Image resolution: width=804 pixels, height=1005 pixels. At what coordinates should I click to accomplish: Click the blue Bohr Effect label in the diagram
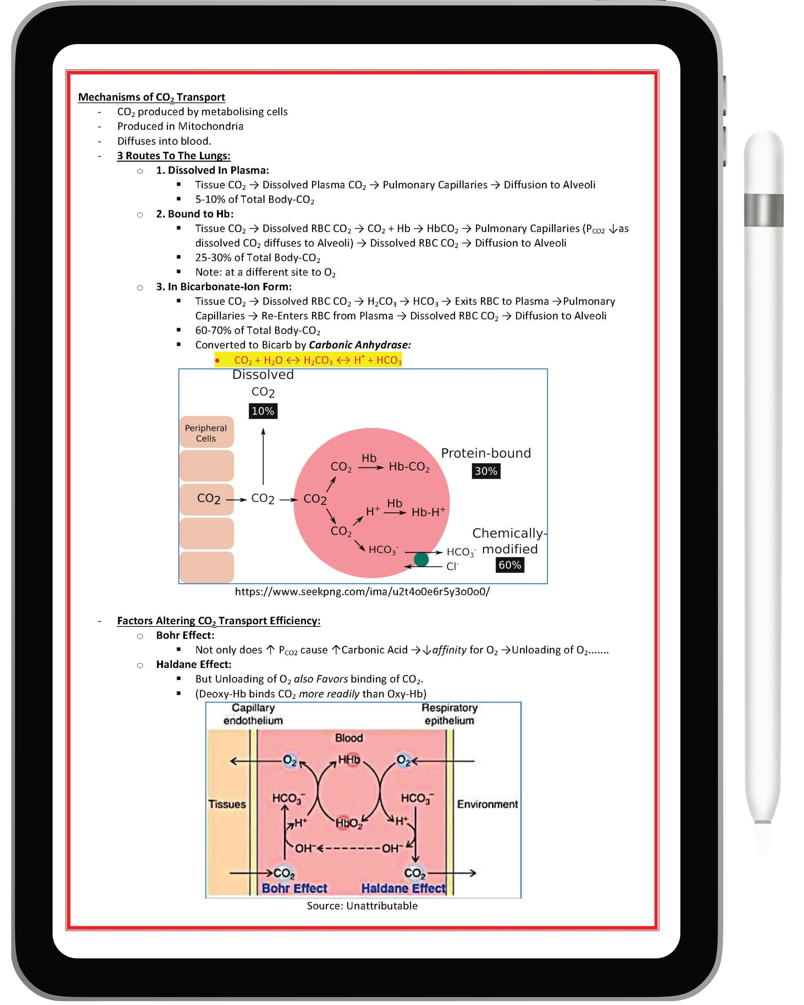(295, 889)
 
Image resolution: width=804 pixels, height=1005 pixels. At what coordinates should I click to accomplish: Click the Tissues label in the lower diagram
(227, 804)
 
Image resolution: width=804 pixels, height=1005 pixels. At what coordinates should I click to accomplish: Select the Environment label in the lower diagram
(487, 804)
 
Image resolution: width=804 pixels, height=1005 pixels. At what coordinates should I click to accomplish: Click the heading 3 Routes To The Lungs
(173, 156)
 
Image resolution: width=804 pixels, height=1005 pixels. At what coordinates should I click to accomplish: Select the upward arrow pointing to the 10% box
(263, 457)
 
